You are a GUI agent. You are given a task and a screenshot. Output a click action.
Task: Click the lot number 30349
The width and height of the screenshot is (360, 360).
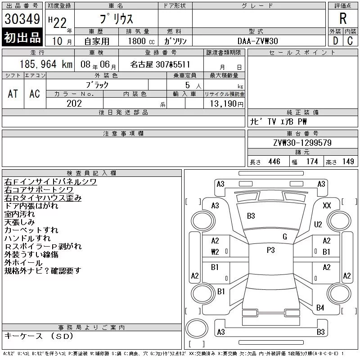(x=22, y=19)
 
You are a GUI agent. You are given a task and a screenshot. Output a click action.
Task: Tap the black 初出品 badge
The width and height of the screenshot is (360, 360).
(x=22, y=37)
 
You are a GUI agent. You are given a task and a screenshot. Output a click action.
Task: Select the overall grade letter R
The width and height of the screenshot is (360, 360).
(x=343, y=18)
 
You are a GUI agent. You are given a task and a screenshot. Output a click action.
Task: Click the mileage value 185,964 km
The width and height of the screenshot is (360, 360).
(x=46, y=64)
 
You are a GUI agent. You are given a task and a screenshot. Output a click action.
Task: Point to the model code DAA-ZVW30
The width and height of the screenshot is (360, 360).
(x=257, y=41)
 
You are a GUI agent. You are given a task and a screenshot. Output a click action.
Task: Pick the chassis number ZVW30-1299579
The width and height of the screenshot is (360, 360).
(x=302, y=143)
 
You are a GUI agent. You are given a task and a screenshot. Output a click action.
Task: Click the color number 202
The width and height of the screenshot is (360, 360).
(x=74, y=103)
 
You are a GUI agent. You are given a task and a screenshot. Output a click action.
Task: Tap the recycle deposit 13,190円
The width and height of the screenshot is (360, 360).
(x=226, y=104)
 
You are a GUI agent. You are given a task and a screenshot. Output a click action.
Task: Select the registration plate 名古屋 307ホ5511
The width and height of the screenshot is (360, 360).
(x=160, y=64)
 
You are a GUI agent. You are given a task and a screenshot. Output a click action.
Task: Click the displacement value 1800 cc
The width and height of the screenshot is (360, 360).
(x=141, y=41)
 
